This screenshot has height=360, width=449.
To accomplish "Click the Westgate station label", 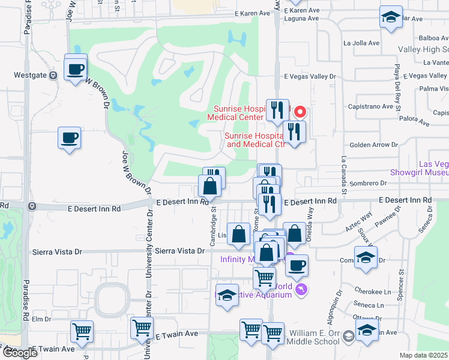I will pos(27,76).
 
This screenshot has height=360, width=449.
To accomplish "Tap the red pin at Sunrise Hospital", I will pos(299,112).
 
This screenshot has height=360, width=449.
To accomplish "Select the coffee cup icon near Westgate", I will pos(76,68).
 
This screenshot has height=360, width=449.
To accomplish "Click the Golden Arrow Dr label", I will pos(374,145).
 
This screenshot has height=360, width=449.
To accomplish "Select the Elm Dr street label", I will pos(43,319).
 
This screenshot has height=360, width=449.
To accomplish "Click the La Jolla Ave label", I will pos(361,43).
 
